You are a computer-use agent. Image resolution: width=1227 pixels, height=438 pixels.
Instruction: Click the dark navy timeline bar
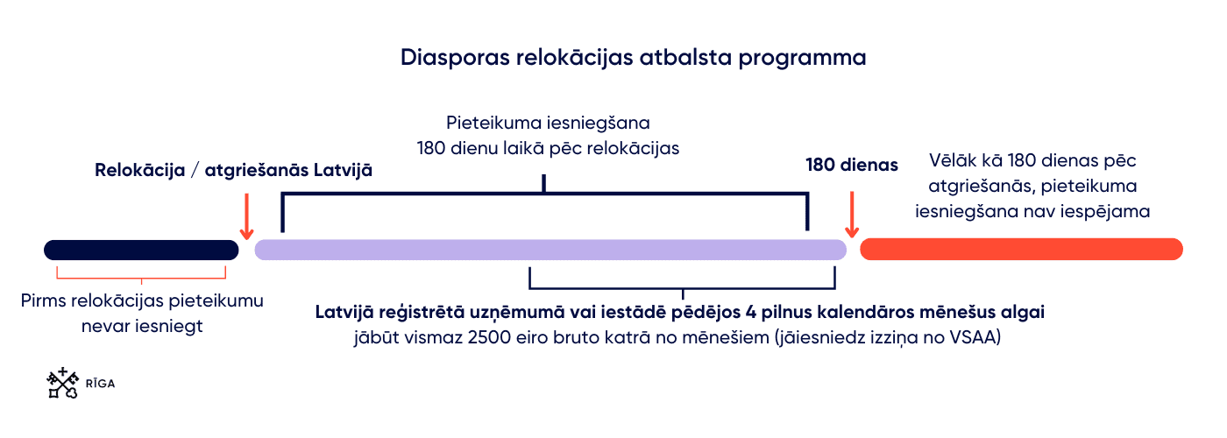click(x=141, y=251)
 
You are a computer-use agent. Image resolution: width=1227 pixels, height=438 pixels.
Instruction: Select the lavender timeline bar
click(x=550, y=250)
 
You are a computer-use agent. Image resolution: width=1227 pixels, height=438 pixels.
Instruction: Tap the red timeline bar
click(x=1022, y=249)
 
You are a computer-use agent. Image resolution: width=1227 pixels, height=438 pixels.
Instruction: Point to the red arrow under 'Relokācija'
click(x=247, y=216)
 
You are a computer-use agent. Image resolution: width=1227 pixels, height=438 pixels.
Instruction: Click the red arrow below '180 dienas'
click(x=852, y=214)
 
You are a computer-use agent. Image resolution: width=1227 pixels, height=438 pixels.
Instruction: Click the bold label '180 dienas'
click(x=852, y=165)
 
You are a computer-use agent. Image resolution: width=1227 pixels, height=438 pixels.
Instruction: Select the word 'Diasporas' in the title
click(x=455, y=58)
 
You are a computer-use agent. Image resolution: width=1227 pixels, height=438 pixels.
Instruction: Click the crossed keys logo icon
click(x=62, y=383)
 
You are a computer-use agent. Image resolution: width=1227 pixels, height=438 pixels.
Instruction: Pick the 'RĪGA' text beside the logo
click(x=100, y=384)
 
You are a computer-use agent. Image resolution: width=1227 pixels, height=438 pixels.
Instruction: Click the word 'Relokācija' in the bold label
click(x=140, y=170)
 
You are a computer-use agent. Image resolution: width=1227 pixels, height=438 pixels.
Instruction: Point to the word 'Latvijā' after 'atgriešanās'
click(x=343, y=170)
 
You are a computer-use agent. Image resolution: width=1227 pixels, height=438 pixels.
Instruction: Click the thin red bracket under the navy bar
click(x=141, y=279)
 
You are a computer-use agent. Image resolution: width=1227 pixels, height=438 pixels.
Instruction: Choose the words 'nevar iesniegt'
click(x=142, y=326)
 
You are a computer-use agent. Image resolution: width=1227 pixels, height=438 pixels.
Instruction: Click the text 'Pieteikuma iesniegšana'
click(x=548, y=124)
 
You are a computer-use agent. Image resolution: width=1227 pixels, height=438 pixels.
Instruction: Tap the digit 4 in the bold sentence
click(x=751, y=312)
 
